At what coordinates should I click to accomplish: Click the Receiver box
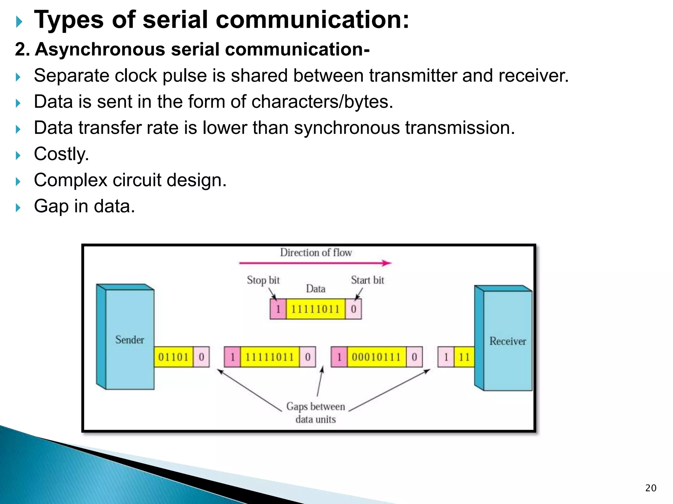[507, 341]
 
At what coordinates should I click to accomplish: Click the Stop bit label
[263, 280]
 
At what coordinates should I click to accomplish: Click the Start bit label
[367, 280]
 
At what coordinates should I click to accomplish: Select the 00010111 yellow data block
[376, 357]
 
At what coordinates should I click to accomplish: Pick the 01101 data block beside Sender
[173, 357]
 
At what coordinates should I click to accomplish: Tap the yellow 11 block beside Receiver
[464, 357]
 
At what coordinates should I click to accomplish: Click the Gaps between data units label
[315, 413]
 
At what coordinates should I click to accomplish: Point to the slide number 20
[651, 488]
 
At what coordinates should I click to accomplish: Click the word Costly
[61, 154]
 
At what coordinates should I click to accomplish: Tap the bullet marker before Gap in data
[18, 207]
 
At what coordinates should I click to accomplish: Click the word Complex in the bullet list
[71, 180]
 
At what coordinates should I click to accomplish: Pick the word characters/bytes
[322, 101]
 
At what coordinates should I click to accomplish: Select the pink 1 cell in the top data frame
[278, 309]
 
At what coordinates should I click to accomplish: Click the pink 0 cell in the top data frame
[353, 309]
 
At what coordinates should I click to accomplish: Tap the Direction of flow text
[315, 252]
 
